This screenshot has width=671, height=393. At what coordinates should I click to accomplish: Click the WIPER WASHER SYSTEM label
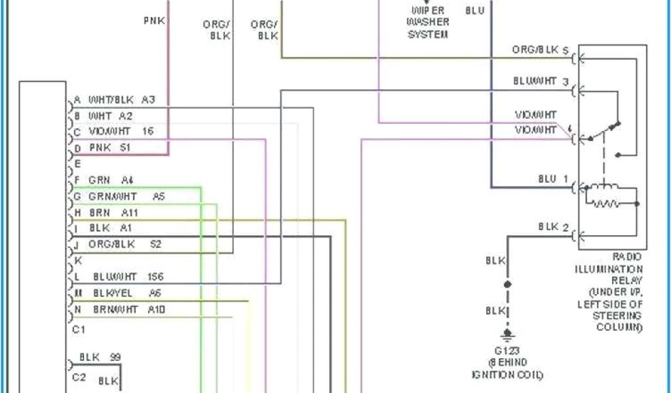pos(428,22)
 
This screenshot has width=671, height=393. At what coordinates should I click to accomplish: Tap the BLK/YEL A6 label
pos(127,293)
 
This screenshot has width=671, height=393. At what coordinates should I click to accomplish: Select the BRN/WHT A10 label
pos(127,309)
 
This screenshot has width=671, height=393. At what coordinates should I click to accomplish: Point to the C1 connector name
pos(79,329)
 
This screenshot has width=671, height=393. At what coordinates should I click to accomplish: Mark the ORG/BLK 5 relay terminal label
pos(540,50)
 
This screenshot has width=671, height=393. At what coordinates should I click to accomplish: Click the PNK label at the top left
pos(155,20)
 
